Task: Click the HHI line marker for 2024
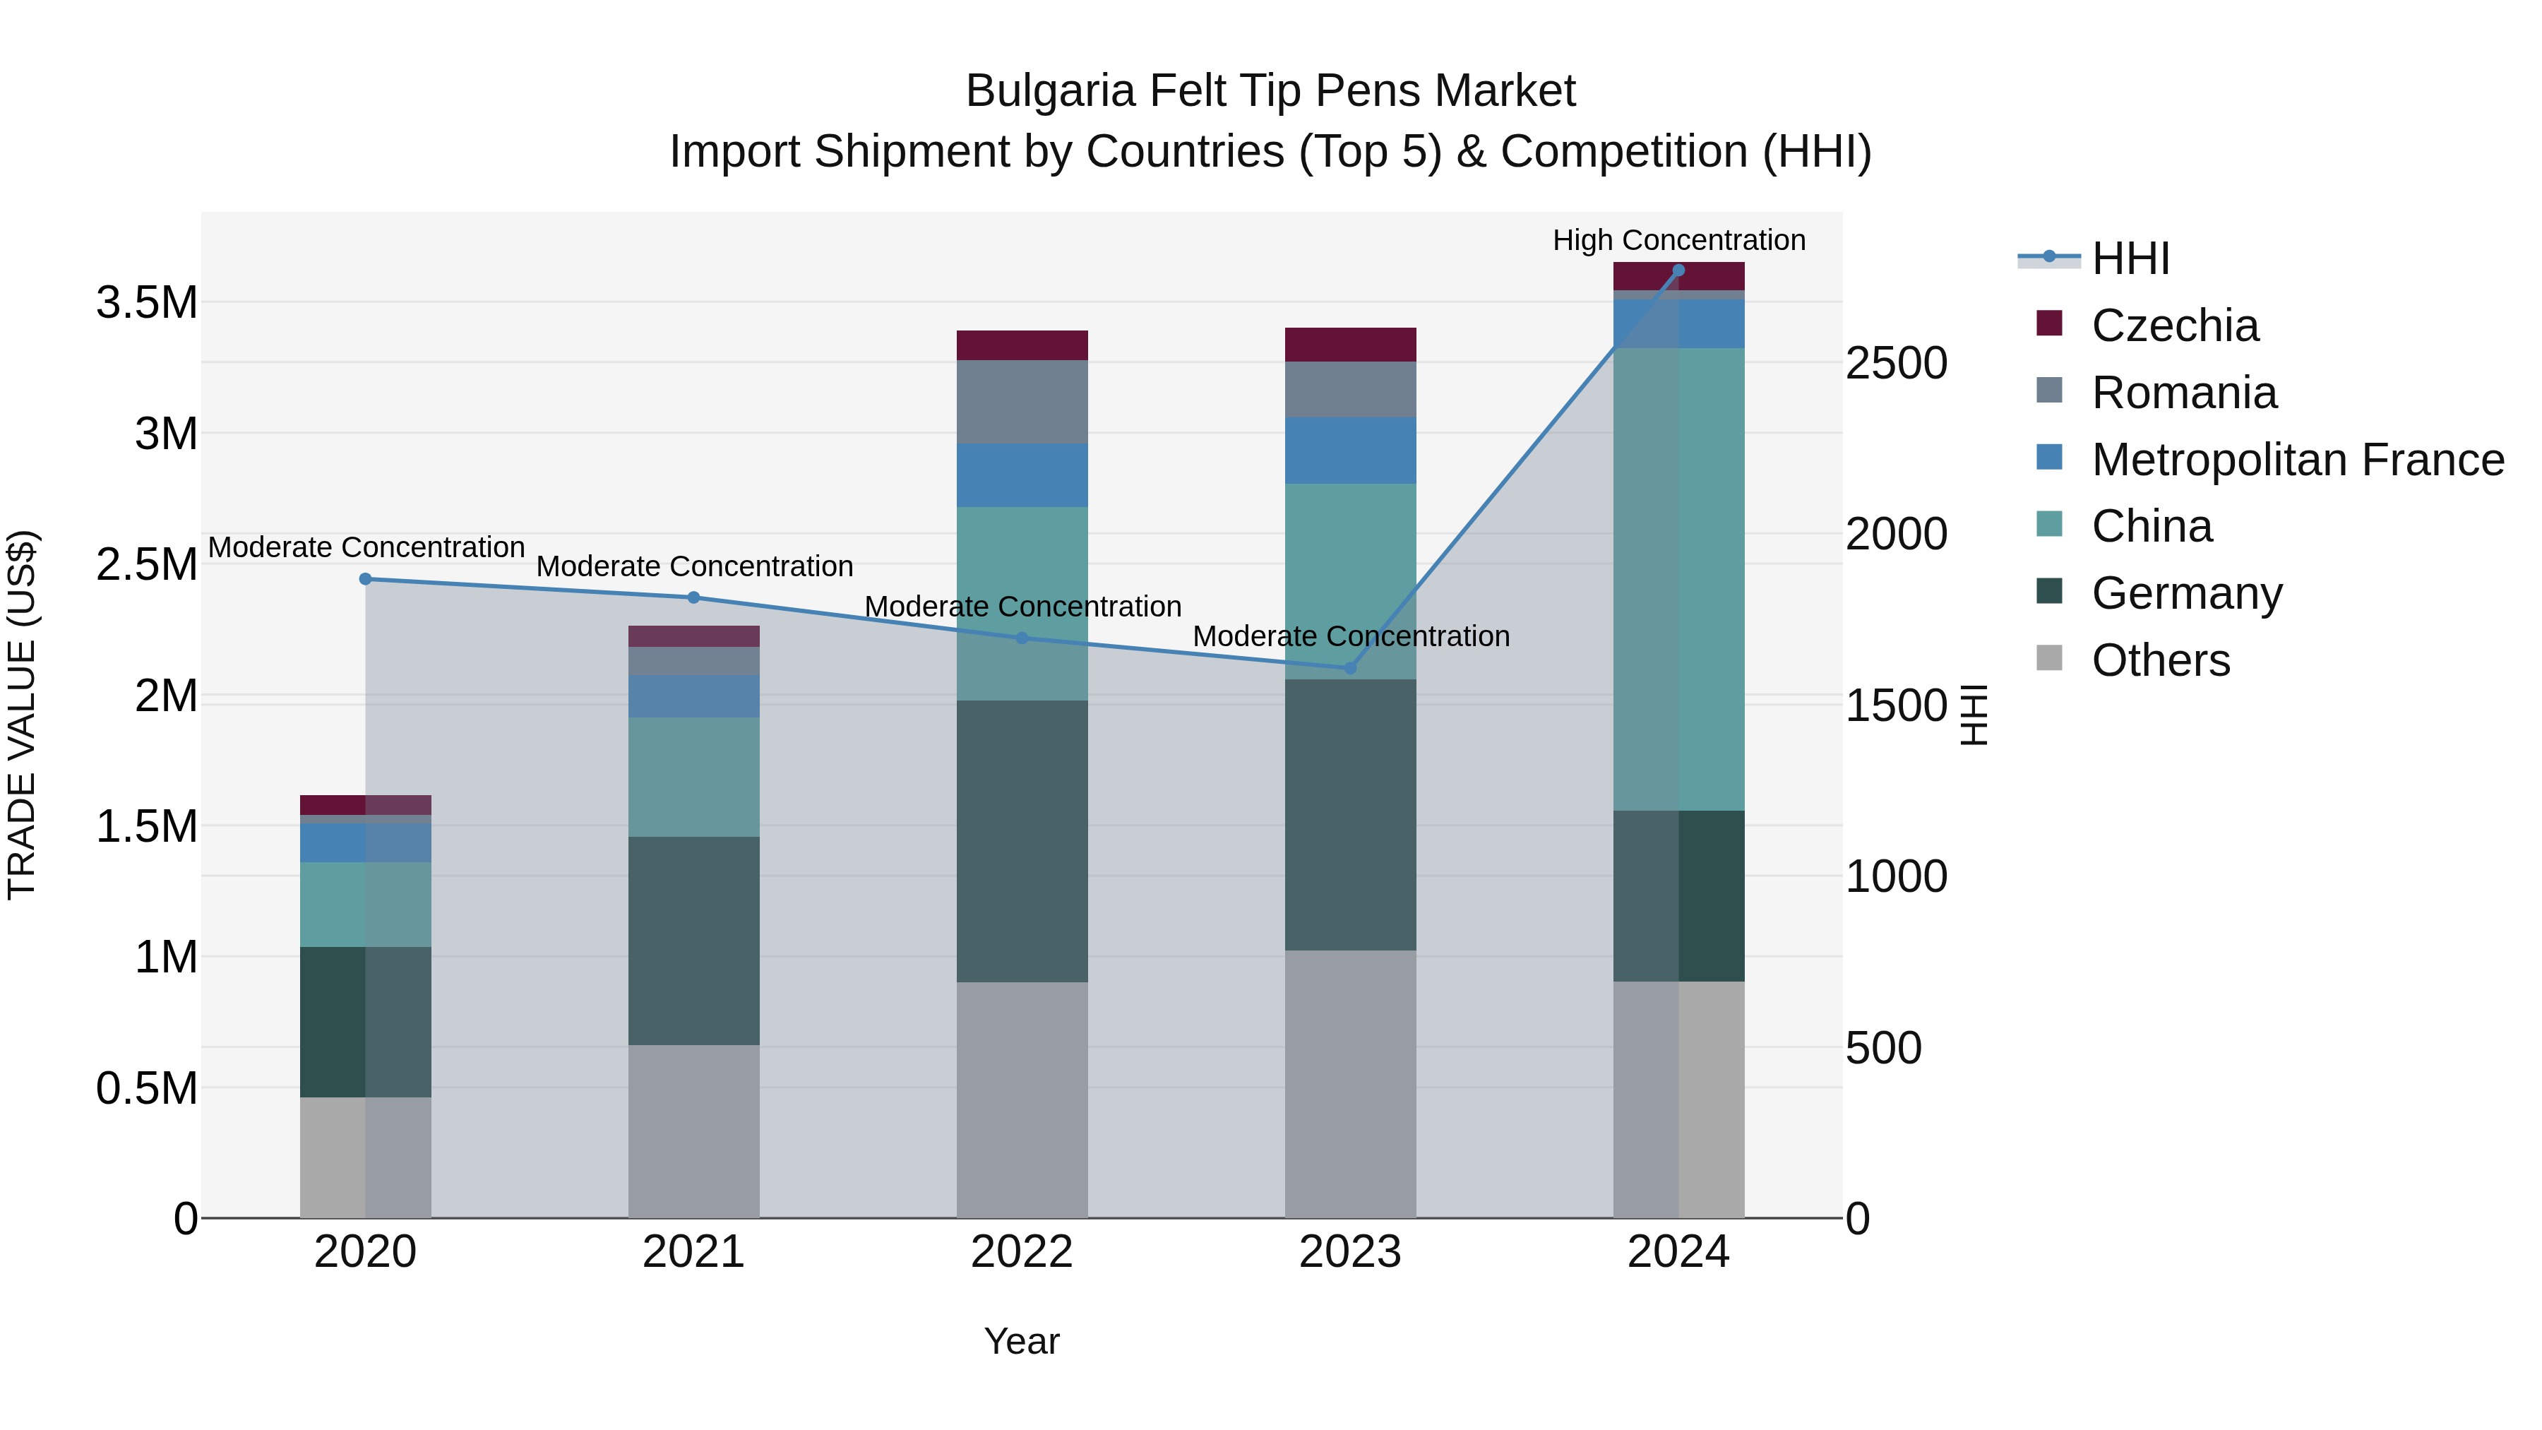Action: (x=1678, y=270)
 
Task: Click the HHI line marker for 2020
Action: (x=365, y=579)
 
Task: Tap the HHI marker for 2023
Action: (x=1350, y=668)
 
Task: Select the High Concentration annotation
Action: (x=1678, y=240)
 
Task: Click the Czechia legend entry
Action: (x=2174, y=326)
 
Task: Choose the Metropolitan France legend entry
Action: (x=2296, y=460)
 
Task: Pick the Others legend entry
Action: (x=2160, y=660)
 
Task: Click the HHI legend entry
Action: (x=2130, y=258)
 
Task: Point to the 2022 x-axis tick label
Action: (x=1021, y=1252)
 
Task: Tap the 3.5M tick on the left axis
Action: (x=147, y=303)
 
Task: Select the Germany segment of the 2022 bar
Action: (x=1021, y=841)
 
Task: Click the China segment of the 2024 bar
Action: (x=1678, y=579)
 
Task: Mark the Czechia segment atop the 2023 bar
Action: (x=1350, y=345)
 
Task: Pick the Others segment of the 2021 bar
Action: (x=693, y=1131)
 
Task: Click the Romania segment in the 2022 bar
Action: (x=1021, y=402)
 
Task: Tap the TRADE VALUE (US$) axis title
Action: (x=22, y=715)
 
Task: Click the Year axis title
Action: (x=1021, y=1341)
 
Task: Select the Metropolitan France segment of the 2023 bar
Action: (x=1350, y=450)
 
